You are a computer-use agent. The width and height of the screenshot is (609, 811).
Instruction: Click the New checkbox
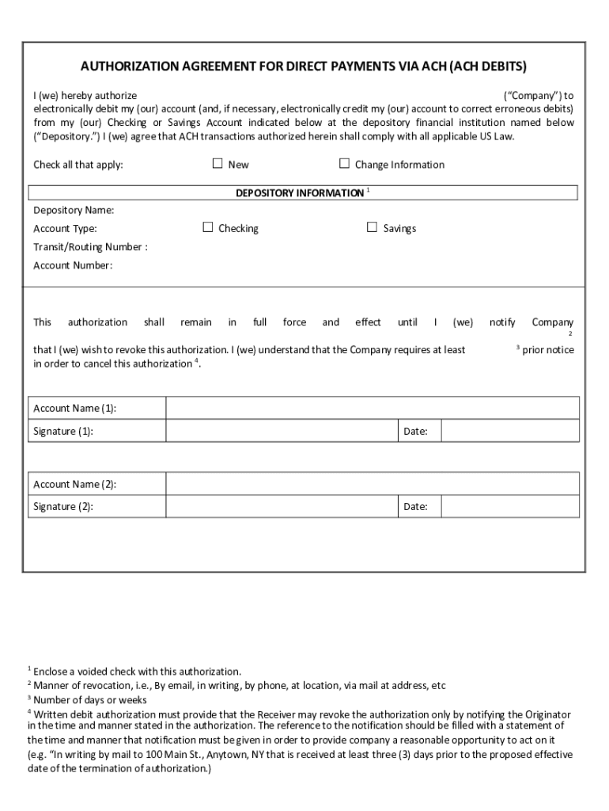217,164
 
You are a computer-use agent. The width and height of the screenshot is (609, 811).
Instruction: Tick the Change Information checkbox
344,164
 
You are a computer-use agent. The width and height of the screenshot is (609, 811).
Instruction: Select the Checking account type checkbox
208,227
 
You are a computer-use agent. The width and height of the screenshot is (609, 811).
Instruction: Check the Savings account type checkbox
372,227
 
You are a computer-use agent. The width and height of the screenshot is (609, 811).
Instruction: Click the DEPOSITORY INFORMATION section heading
300,193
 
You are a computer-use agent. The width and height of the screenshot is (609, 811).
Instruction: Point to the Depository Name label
74,210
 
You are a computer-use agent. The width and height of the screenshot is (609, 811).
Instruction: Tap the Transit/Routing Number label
89,246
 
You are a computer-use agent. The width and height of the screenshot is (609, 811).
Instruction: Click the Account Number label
73,265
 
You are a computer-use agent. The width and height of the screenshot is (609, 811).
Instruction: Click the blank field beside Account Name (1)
372,408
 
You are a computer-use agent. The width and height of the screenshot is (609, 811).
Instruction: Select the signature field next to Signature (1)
281,431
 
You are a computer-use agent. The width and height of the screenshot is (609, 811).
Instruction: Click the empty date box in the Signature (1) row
509,431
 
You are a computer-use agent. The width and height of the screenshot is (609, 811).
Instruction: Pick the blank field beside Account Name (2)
372,484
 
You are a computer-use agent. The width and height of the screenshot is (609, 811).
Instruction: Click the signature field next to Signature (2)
281,506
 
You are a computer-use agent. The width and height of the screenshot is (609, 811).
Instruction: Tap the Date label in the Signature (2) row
415,507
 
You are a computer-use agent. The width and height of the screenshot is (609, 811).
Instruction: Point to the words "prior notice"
548,349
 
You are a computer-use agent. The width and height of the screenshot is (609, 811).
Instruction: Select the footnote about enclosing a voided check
137,672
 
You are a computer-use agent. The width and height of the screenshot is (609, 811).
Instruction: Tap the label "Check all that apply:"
78,165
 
